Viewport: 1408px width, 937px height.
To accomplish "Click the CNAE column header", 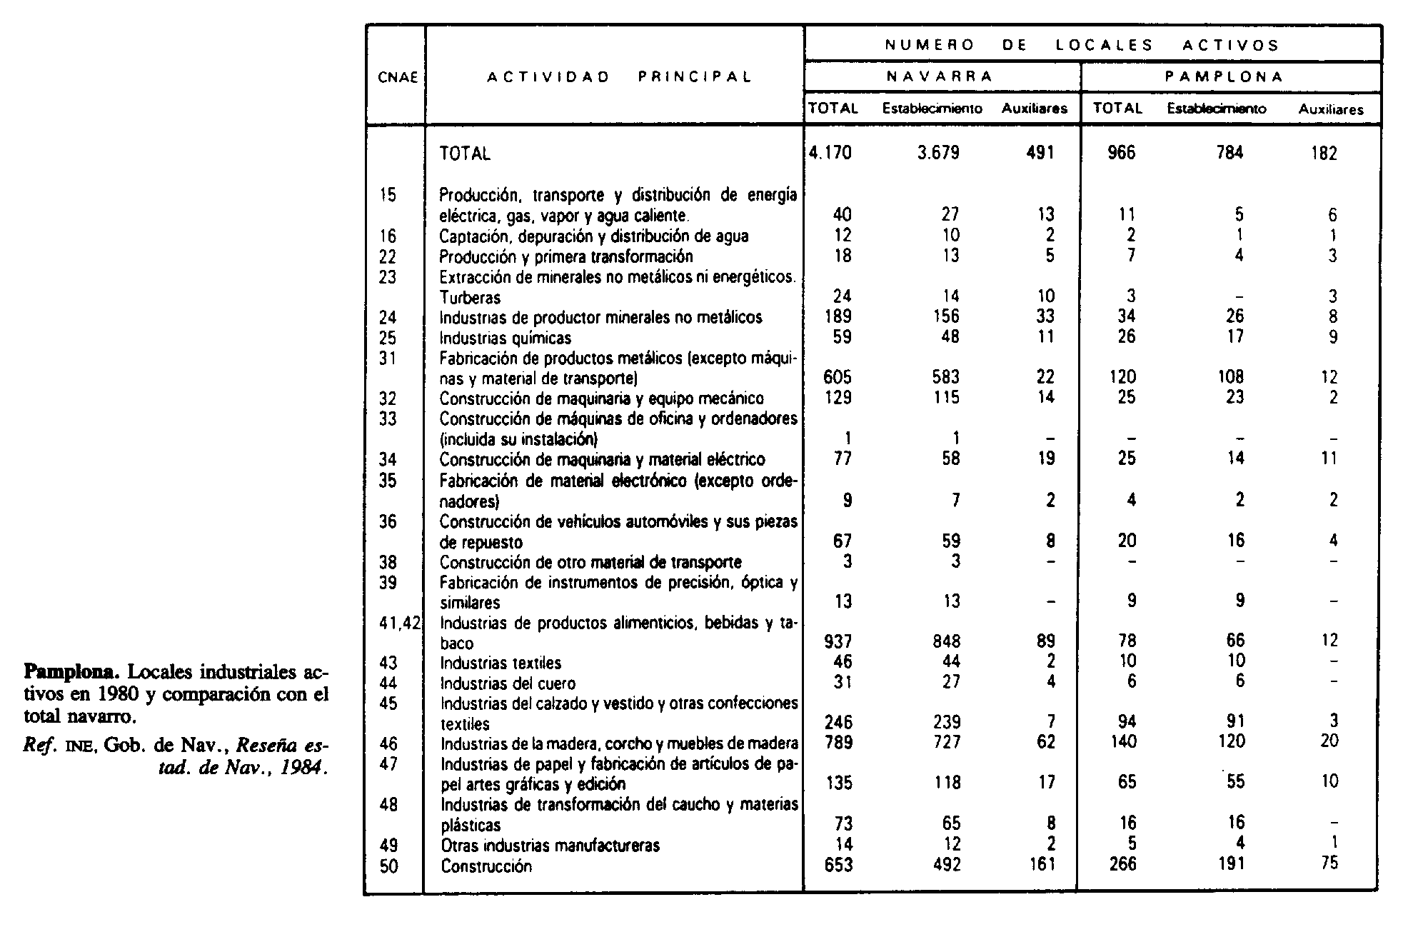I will [398, 77].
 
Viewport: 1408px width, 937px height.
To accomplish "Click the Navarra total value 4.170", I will [831, 153].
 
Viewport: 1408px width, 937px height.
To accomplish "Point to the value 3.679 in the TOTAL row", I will [938, 153].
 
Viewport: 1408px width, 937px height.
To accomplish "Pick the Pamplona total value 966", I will [1121, 153].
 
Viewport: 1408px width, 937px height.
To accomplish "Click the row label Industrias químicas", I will [506, 338].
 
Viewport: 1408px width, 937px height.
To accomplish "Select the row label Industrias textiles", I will [501, 663].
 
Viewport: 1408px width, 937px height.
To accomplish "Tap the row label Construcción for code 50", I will [486, 866].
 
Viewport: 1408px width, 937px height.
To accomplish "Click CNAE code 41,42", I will [401, 623].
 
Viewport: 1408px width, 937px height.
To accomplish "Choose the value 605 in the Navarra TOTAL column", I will [838, 377].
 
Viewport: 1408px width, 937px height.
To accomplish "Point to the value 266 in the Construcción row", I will [1124, 865].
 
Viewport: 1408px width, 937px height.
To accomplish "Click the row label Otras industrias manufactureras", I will [550, 846].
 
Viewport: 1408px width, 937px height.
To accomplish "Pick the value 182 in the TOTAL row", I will [1324, 153].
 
